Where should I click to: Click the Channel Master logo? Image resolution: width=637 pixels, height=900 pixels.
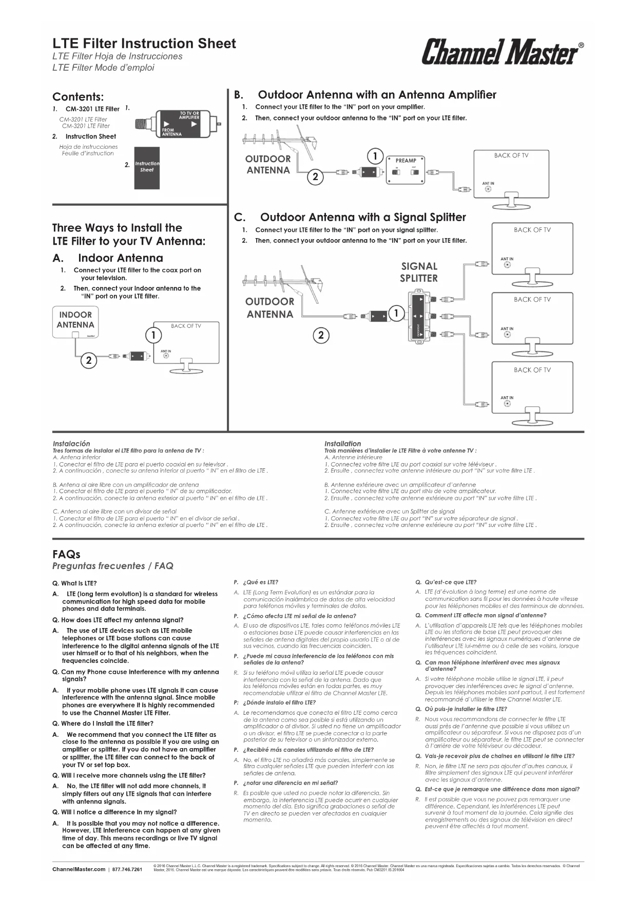[x=502, y=52]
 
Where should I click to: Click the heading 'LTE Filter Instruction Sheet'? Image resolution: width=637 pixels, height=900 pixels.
[x=144, y=44]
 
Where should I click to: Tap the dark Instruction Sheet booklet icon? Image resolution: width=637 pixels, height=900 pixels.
[x=147, y=168]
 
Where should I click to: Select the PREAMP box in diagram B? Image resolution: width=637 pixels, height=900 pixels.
[x=406, y=169]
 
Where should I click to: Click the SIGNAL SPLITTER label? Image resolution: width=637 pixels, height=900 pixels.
[x=419, y=272]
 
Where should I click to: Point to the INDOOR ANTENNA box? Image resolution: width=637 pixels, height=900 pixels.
[x=75, y=322]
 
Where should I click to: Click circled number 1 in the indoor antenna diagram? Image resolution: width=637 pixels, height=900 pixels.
[x=153, y=335]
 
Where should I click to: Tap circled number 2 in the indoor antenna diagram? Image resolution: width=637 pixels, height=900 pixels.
[x=88, y=360]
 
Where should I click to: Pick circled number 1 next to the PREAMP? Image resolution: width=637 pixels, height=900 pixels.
[x=375, y=156]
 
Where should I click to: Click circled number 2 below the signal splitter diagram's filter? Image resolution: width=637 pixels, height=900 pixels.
[x=321, y=335]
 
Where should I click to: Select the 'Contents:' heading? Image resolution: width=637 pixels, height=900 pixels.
[x=78, y=97]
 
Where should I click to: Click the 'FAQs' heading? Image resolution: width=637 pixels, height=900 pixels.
[x=66, y=554]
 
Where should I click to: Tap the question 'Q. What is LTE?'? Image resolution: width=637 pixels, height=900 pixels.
[x=75, y=583]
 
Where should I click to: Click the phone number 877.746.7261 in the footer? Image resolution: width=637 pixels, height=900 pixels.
[x=127, y=869]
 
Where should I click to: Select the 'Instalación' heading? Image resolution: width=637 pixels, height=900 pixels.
[x=71, y=443]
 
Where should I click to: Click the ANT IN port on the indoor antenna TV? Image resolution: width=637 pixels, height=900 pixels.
[x=166, y=357]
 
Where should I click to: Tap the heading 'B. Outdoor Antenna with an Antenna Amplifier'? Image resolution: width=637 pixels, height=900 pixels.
[x=365, y=95]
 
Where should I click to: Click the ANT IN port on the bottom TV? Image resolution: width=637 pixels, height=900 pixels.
[x=507, y=403]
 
